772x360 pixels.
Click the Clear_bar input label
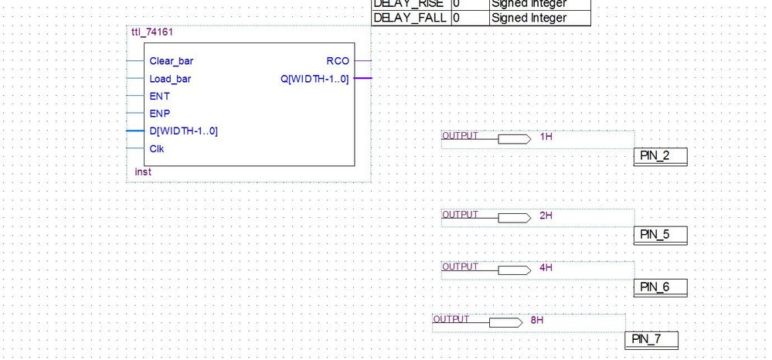click(x=172, y=60)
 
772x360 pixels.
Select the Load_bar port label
click(x=170, y=79)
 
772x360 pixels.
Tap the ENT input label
click(x=159, y=97)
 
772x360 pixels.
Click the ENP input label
click(x=159, y=114)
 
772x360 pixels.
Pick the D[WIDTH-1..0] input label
click(x=183, y=131)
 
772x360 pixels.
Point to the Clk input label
click(x=157, y=148)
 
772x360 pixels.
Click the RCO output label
click(x=338, y=60)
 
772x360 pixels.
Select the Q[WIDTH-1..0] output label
click(x=315, y=79)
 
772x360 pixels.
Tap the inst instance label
click(x=143, y=172)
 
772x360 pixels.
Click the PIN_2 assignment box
click(x=659, y=157)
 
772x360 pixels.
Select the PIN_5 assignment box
click(x=659, y=235)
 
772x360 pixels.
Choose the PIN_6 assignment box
click(x=659, y=287)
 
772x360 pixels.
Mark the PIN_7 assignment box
click(x=651, y=339)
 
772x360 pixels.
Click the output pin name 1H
click(x=546, y=138)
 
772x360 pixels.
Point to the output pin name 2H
click(x=546, y=216)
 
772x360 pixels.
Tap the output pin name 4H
click(x=546, y=268)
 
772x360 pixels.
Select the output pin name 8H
click(x=537, y=320)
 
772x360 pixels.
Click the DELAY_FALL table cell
click(x=410, y=18)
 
